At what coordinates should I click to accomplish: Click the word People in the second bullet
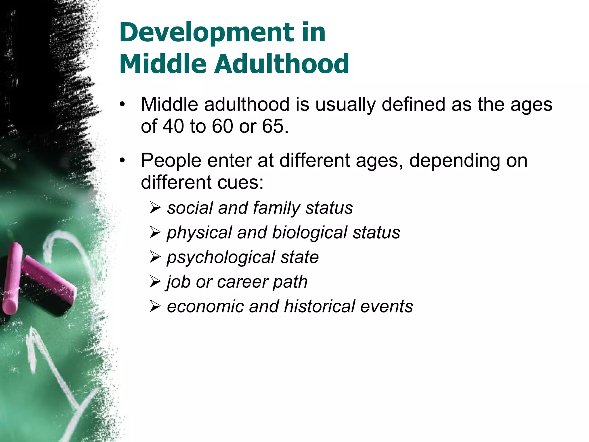click(x=171, y=160)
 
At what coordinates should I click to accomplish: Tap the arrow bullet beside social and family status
click(x=155, y=207)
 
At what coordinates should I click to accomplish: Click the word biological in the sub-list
click(x=309, y=233)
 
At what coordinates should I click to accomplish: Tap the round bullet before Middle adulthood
click(x=123, y=105)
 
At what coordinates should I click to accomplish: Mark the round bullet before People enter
click(x=123, y=161)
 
